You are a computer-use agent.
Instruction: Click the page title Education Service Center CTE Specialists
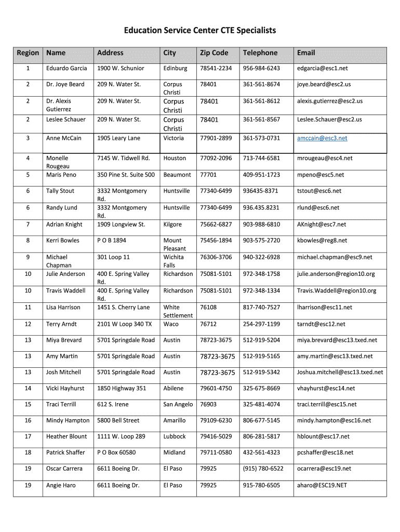[x=199, y=31]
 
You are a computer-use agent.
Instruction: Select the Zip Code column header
[x=214, y=52]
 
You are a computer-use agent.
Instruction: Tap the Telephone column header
[x=260, y=52]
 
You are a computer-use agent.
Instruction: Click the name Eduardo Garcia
[x=66, y=68]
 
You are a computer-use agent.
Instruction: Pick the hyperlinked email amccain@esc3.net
[x=322, y=138]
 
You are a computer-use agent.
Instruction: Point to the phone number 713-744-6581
[x=261, y=158]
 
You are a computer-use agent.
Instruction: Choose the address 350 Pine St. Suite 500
[x=126, y=175]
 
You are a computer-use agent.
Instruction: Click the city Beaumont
[x=177, y=175]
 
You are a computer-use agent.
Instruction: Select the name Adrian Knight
[x=64, y=224]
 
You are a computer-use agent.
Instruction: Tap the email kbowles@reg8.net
[x=322, y=241]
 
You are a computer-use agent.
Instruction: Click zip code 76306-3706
[x=216, y=257]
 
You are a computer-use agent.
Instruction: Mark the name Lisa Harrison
[x=63, y=308]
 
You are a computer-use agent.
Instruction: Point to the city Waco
[x=171, y=324]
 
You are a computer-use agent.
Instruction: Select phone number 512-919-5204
[x=261, y=340]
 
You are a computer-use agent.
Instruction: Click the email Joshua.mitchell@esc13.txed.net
[x=340, y=373]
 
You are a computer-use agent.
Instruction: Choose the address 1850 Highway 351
[x=122, y=389]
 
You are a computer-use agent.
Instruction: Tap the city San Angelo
[x=178, y=404]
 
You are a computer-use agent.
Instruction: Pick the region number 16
[x=28, y=420]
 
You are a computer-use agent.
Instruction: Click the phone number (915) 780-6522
[x=263, y=469]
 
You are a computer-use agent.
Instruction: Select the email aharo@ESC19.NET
[x=322, y=485]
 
